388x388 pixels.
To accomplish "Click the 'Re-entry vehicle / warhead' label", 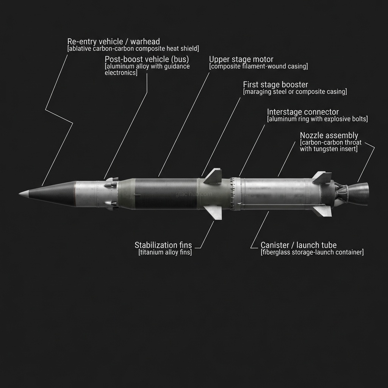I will tap(113, 41).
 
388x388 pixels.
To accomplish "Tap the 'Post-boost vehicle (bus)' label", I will tap(147, 59).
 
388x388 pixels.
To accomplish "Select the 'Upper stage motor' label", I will tap(241, 59).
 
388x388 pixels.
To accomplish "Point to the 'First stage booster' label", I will tap(275, 84).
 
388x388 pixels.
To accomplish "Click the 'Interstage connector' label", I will tap(303, 112).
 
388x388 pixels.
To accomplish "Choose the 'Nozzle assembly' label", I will tap(329, 135).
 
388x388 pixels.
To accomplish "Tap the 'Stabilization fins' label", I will tap(163, 245).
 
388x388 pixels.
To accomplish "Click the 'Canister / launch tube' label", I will tap(299, 245).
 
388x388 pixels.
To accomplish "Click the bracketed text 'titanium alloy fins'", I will tap(165, 253).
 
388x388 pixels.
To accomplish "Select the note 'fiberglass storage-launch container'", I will tap(312, 253).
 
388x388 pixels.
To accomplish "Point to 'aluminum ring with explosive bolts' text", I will tap(318, 119).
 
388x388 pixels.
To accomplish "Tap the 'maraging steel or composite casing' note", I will tap(295, 92).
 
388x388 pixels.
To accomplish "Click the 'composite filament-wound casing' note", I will tap(258, 67).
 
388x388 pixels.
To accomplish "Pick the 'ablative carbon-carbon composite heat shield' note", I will tap(133, 48).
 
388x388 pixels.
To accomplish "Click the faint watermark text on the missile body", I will tap(192, 194).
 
